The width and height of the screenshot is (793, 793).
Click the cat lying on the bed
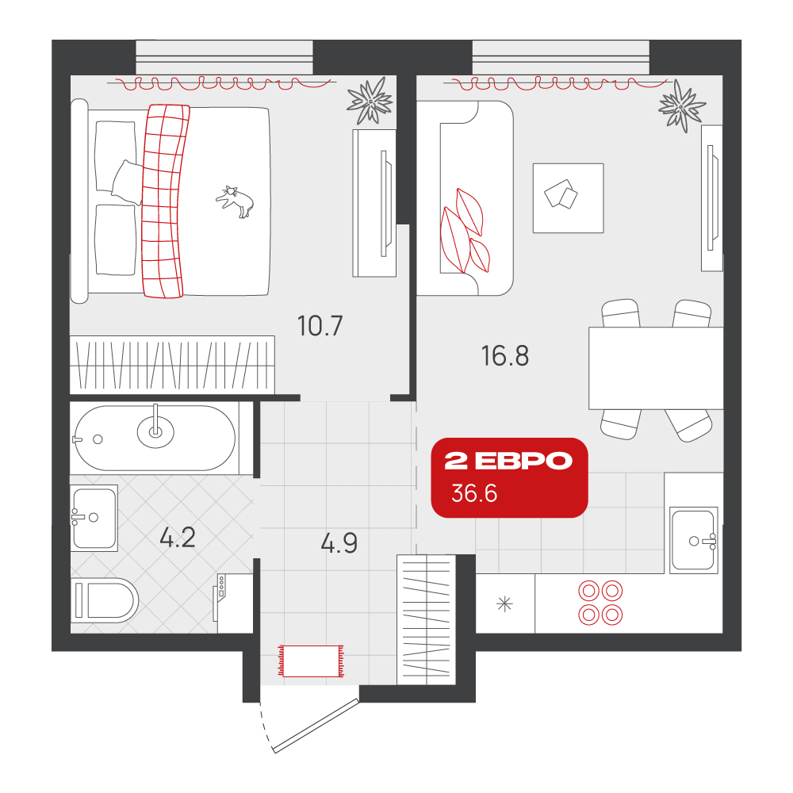[x=236, y=201]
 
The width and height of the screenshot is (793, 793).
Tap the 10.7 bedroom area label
[x=320, y=326]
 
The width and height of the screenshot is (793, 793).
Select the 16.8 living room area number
[x=504, y=356]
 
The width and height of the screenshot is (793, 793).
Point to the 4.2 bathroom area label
[x=178, y=538]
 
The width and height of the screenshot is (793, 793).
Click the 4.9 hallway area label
[x=339, y=543]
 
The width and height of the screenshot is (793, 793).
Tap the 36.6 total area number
[x=474, y=493]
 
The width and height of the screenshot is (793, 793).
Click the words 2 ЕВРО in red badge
[x=508, y=461]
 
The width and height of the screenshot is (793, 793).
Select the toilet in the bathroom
[x=105, y=601]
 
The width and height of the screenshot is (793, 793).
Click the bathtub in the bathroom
[x=155, y=438]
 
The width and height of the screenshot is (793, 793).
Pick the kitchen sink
[x=694, y=540]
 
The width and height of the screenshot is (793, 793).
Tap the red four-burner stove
[x=600, y=603]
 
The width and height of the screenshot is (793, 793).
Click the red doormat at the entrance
[x=311, y=661]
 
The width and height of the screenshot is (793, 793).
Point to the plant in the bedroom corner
[x=370, y=101]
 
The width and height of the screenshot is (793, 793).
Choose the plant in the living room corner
[x=682, y=107]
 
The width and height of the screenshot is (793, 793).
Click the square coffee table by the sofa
[x=568, y=198]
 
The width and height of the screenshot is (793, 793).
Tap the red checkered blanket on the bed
[x=163, y=201]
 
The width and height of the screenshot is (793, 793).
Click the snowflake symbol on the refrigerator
[x=504, y=603]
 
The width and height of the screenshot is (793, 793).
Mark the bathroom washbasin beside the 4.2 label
[x=94, y=519]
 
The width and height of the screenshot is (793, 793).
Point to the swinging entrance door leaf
[x=316, y=725]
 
